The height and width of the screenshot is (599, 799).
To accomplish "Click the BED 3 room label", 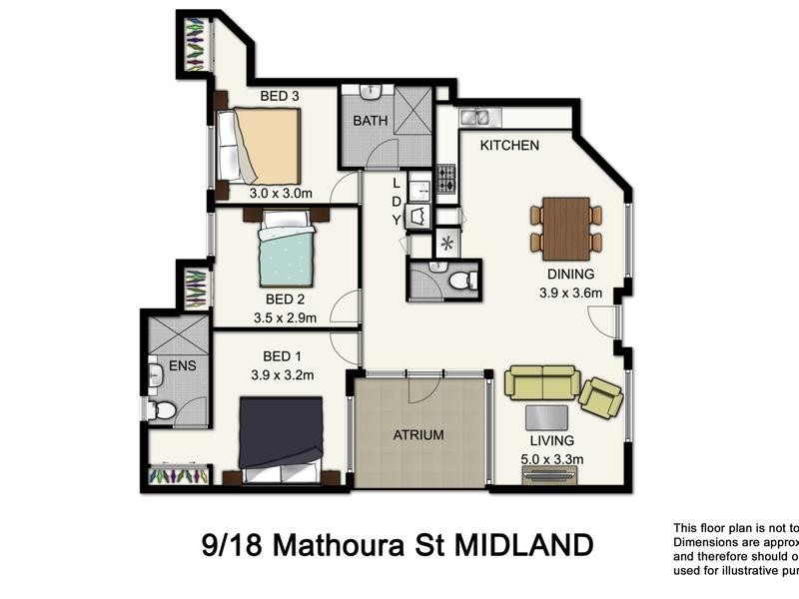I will (x=280, y=96).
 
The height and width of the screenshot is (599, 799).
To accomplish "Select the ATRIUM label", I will (x=417, y=435).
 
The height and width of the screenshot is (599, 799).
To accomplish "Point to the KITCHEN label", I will (x=509, y=146).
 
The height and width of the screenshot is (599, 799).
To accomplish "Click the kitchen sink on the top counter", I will (x=475, y=118).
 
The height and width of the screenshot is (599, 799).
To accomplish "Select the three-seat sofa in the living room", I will (x=541, y=382).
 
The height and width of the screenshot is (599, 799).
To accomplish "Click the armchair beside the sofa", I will (x=600, y=397).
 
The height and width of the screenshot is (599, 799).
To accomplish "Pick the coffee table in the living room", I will (x=547, y=417).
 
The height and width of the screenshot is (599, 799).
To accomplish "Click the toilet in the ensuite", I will (x=163, y=409).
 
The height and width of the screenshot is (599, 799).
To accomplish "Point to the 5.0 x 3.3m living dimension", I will (x=552, y=459).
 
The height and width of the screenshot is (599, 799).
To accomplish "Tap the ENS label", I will (x=183, y=365).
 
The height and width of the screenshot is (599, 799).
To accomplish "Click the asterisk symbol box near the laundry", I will (x=446, y=243).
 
